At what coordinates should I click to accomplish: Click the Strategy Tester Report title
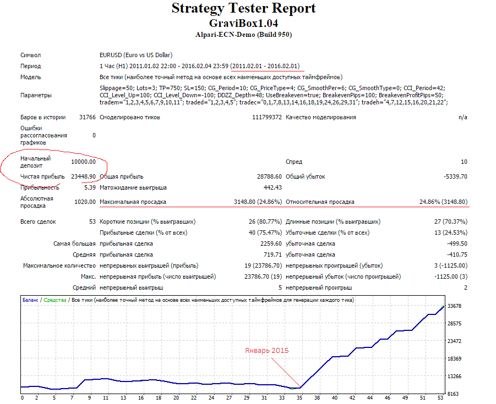(243, 9)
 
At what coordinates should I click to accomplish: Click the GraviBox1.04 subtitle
(243, 24)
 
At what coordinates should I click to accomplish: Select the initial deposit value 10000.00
(83, 162)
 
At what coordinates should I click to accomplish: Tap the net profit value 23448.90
(83, 176)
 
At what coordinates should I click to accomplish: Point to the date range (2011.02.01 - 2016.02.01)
(265, 66)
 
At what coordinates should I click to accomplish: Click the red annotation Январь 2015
(266, 351)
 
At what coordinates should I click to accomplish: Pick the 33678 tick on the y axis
(454, 306)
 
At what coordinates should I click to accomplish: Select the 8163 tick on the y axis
(453, 394)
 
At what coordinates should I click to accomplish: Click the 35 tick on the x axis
(299, 398)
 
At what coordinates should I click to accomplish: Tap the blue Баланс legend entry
(30, 300)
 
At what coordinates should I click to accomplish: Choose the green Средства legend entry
(55, 300)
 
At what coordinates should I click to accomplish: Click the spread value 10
(464, 162)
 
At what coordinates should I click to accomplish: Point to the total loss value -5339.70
(455, 176)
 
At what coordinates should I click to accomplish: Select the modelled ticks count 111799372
(267, 117)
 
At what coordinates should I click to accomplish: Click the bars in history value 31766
(88, 117)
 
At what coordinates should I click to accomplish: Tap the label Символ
(31, 56)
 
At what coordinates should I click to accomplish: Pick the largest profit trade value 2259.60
(271, 244)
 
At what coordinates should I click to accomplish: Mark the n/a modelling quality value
(463, 118)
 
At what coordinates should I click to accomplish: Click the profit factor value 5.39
(90, 187)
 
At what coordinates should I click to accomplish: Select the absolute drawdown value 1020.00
(85, 202)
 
